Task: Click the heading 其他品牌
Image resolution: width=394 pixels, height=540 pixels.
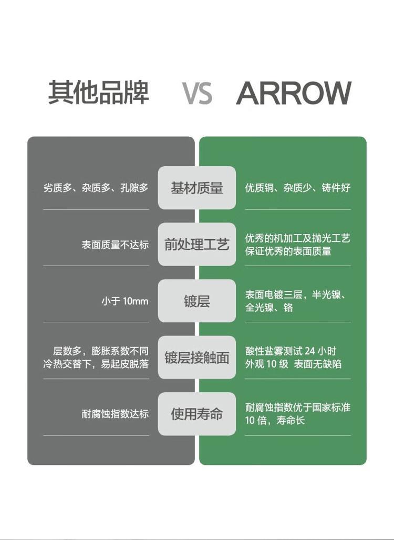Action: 98,93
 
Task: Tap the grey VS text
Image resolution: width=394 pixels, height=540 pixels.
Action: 197,93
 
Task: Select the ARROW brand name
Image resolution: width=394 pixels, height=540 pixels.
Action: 294,93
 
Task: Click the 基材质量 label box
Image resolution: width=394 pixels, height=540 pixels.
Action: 197,188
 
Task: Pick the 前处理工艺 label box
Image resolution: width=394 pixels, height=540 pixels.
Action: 197,244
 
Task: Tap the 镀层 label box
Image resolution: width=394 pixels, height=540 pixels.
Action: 197,301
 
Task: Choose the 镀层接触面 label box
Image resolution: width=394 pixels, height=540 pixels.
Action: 197,358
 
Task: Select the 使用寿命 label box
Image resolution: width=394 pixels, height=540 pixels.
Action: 197,414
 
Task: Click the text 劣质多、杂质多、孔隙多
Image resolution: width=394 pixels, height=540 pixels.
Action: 96,188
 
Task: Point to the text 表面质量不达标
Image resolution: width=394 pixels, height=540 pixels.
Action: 115,244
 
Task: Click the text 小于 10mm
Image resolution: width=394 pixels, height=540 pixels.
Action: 125,301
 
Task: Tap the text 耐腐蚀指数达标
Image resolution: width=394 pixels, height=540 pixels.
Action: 115,414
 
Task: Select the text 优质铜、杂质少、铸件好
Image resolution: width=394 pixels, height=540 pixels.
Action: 298,188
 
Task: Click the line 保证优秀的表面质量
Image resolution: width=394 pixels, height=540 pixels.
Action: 288,251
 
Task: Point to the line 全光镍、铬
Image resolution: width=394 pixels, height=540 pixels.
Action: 269,307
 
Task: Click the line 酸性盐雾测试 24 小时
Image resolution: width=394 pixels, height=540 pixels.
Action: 291,351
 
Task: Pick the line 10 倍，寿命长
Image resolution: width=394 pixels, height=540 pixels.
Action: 275,420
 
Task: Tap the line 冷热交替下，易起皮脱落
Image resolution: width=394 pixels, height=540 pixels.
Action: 96,364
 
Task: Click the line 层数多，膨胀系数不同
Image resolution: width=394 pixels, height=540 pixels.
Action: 101,351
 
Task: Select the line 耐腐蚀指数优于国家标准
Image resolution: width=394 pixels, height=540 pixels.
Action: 298,407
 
